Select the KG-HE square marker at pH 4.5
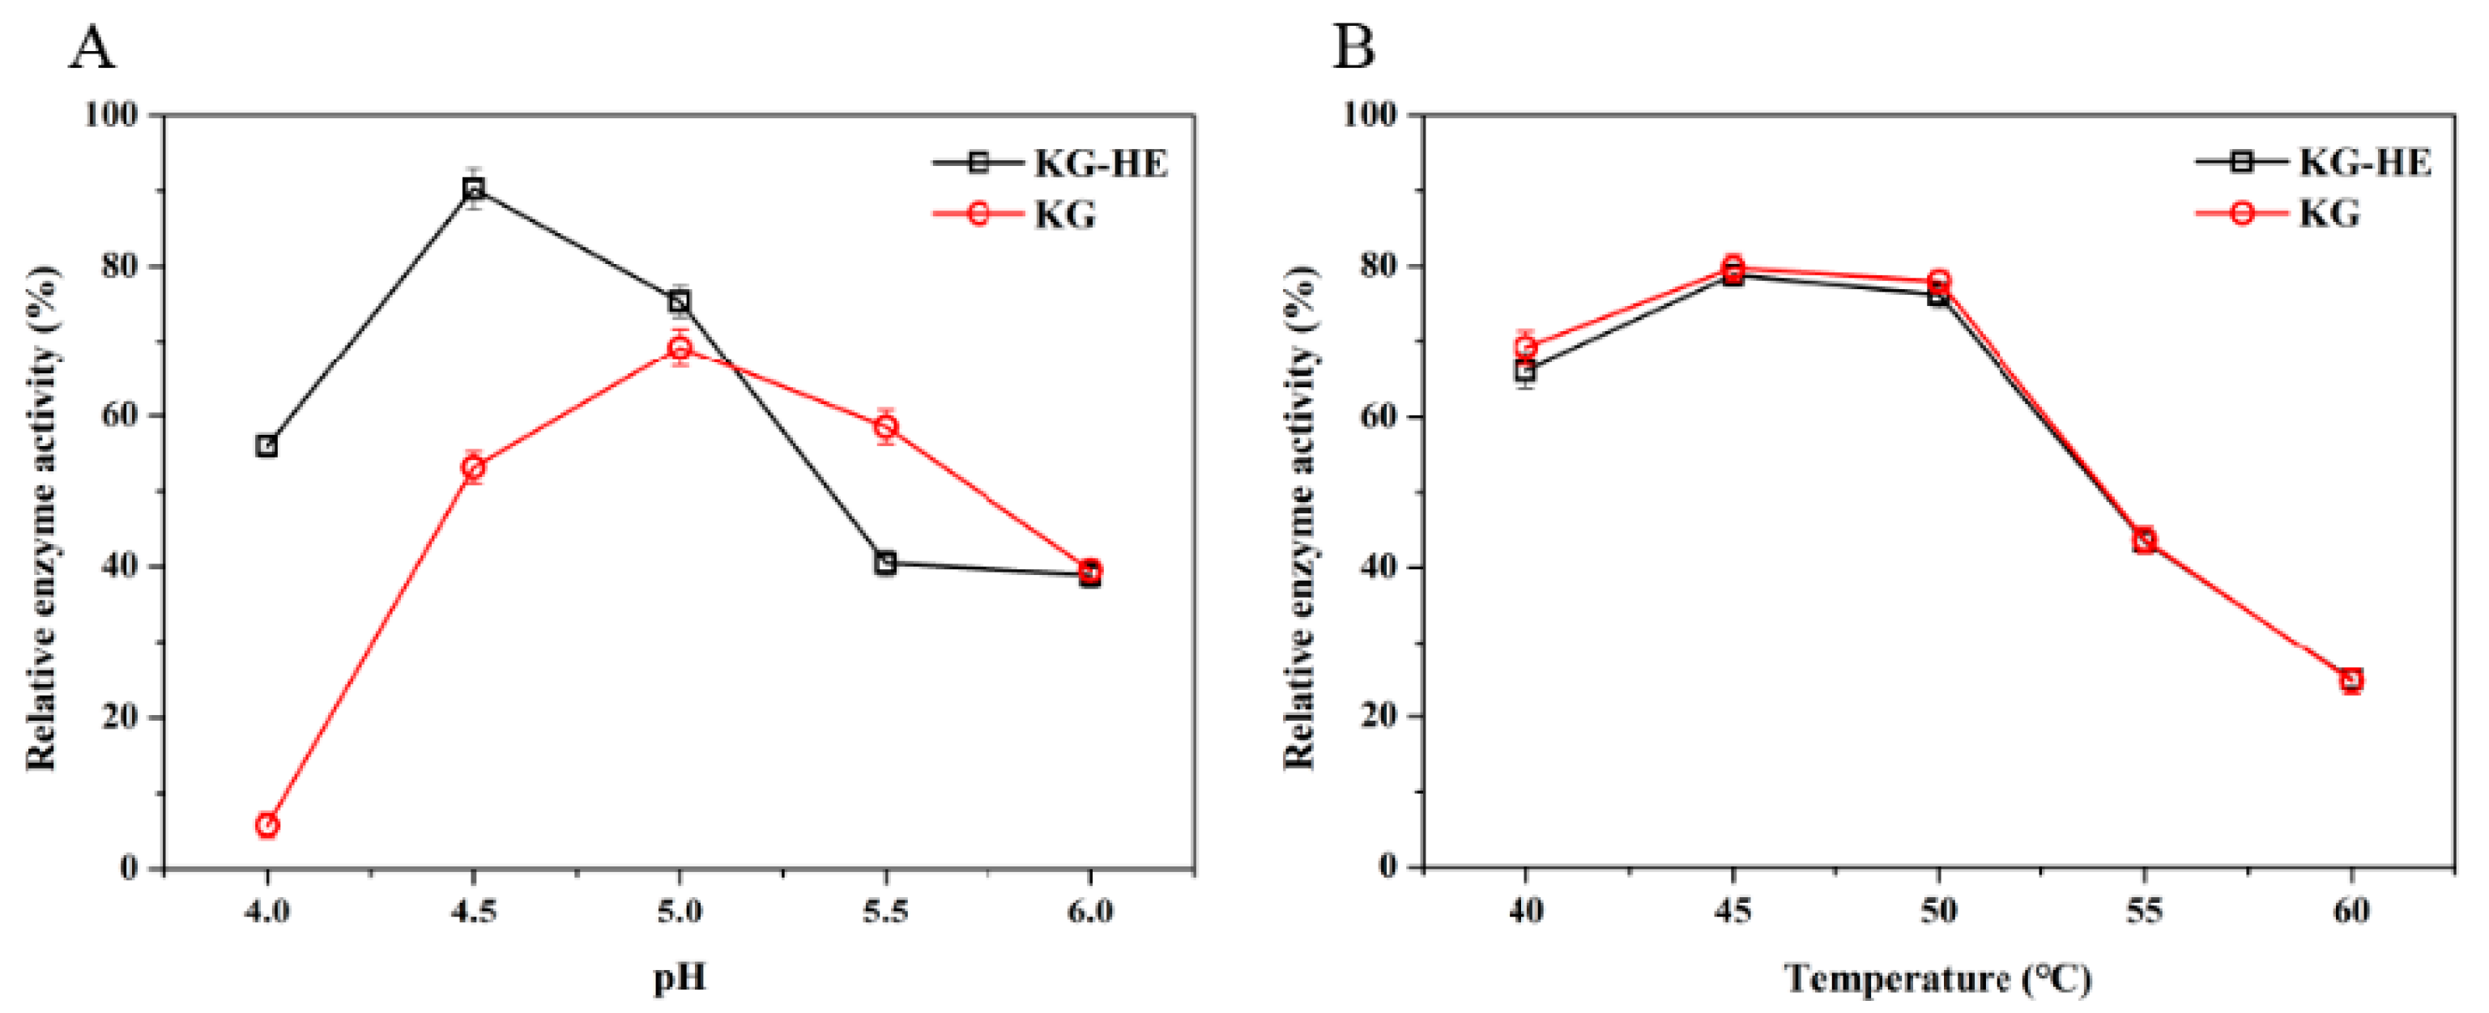[x=474, y=189]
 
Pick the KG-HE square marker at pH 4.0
[x=267, y=445]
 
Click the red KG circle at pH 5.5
[x=886, y=426]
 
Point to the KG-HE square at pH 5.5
[x=886, y=562]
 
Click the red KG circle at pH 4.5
[x=474, y=467]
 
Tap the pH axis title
[x=680, y=979]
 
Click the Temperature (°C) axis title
[x=1937, y=979]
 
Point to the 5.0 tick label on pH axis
[x=680, y=911]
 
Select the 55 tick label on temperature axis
[x=2144, y=911]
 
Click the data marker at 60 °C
[x=2350, y=680]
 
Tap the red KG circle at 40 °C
[x=1526, y=347]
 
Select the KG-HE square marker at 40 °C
[x=1526, y=371]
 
